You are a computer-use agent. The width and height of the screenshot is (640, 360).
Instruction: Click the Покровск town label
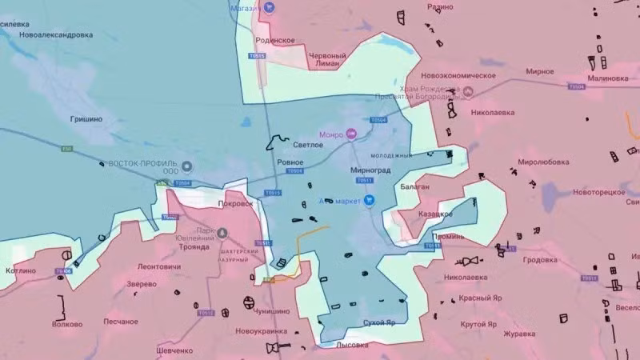click(x=235, y=204)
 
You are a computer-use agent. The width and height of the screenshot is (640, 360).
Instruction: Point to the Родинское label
click(x=275, y=40)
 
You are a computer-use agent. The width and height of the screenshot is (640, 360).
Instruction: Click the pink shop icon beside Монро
click(x=350, y=134)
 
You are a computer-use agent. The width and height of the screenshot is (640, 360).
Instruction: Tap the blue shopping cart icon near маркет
click(x=369, y=200)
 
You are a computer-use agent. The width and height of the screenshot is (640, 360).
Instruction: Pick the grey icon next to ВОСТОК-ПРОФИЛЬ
click(x=187, y=167)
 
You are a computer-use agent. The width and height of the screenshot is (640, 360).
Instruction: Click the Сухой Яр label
click(x=379, y=323)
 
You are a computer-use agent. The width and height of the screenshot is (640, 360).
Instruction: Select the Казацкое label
click(x=435, y=214)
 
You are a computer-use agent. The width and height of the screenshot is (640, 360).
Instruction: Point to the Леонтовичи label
click(x=159, y=266)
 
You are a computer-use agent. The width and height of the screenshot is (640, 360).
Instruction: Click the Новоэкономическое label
click(x=459, y=75)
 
